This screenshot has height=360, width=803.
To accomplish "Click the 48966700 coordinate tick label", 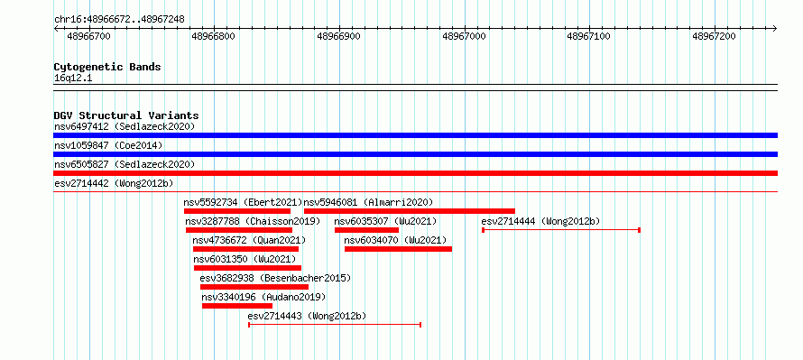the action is tap(88, 36).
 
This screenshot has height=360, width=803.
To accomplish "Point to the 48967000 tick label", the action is tap(464, 36).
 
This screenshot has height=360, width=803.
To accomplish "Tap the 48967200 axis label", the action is tap(714, 36).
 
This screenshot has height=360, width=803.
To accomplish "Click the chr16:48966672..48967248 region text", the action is tap(119, 20).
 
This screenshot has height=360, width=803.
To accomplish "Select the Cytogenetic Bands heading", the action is tap(107, 67).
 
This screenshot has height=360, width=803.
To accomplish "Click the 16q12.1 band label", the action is tap(73, 78).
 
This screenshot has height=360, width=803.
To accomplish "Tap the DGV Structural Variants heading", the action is tap(126, 115).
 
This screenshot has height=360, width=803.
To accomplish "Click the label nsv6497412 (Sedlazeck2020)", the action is tap(125, 126).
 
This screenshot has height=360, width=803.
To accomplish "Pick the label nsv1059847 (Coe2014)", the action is tap(108, 145).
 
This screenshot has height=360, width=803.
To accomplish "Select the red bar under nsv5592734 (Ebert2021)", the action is tap(237, 211).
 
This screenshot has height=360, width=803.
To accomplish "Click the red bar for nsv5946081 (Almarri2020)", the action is tap(410, 211).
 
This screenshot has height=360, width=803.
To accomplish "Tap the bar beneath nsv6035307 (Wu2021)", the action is tap(366, 230).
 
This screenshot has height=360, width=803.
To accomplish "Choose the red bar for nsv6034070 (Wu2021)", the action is tap(398, 249).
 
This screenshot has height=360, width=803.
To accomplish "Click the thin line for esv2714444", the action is tap(561, 230).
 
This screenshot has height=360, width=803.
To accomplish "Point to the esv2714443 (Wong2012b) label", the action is tap(307, 316).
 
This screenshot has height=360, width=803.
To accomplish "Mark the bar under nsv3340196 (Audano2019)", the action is tap(237, 306).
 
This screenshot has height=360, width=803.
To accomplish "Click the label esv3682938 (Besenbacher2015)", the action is tap(275, 278).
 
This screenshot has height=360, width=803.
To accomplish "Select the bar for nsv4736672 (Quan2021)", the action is tap(245, 249).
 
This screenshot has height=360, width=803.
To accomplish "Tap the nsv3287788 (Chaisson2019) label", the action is tap(253, 221).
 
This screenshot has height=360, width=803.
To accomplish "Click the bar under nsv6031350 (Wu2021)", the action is tap(247, 268).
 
